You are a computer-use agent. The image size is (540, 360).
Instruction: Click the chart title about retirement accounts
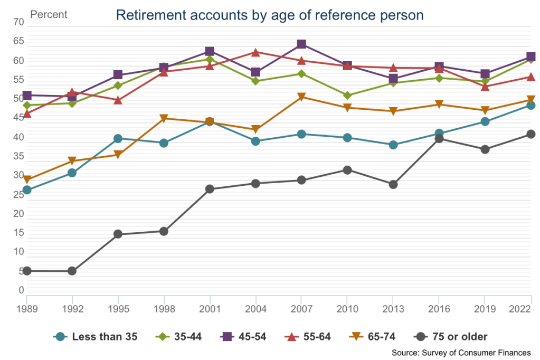(x=269, y=15)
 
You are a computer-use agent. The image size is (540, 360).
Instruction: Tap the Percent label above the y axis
(x=49, y=15)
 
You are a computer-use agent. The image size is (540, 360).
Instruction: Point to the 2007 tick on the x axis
(x=301, y=308)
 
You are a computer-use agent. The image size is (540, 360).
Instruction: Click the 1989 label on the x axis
(x=27, y=308)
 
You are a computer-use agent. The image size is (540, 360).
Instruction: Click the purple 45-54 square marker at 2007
(x=301, y=44)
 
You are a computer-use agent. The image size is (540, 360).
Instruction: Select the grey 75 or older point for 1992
(x=72, y=271)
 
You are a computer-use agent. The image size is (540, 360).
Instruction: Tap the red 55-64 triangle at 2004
(x=255, y=52)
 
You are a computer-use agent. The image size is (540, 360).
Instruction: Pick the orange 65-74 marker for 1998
(x=164, y=119)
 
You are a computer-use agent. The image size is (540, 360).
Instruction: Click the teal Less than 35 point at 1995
(x=118, y=138)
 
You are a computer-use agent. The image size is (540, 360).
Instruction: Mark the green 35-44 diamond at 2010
(x=347, y=96)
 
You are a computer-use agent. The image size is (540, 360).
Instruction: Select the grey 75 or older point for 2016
(x=439, y=138)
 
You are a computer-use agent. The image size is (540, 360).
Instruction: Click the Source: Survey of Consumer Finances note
(x=461, y=352)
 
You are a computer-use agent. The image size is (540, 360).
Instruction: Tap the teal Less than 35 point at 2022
(x=530, y=106)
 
